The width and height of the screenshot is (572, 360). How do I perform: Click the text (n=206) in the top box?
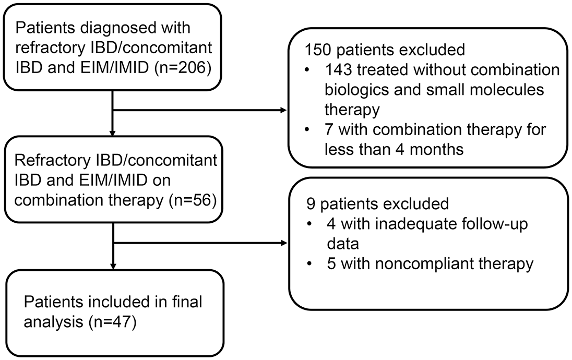(183, 68)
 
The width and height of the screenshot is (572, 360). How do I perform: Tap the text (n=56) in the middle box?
(193, 200)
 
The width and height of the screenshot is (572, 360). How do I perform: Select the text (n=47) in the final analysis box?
(112, 322)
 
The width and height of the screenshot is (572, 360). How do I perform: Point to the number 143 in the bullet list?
(338, 69)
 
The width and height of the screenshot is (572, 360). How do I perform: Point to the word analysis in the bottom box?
(53, 322)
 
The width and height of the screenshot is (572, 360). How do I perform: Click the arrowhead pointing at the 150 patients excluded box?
(284, 110)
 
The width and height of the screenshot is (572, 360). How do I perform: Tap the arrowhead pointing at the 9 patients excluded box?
(284, 243)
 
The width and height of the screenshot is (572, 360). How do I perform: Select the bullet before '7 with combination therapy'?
(308, 130)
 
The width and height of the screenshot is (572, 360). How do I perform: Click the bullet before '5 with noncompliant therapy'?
(309, 263)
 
